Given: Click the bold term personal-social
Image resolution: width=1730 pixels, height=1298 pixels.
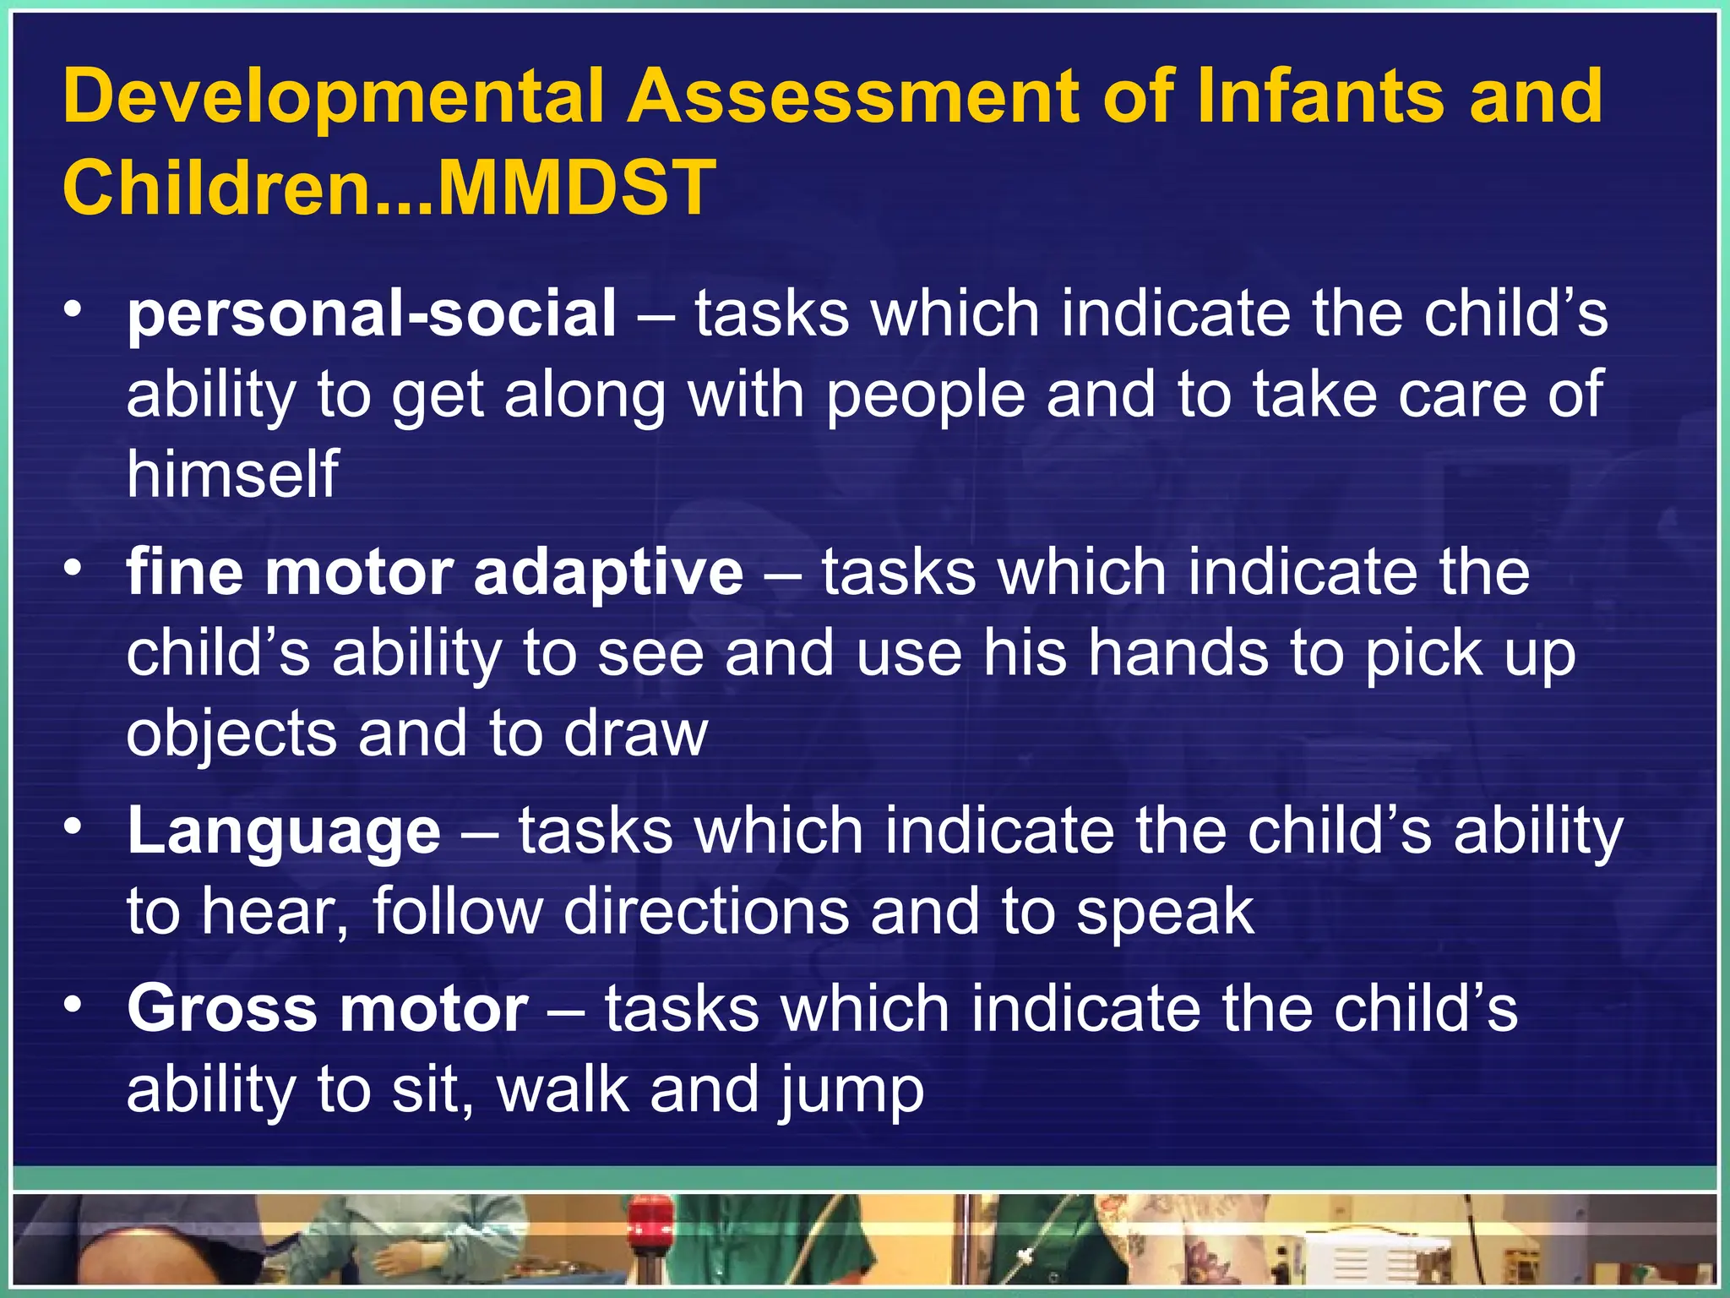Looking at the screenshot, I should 372,314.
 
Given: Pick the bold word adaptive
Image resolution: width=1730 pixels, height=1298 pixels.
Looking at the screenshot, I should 608,572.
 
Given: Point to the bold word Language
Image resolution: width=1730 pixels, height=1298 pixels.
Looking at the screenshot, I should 284,832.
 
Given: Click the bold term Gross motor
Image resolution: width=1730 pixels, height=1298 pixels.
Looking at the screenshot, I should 328,1008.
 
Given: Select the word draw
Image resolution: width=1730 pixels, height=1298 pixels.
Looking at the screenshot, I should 635,733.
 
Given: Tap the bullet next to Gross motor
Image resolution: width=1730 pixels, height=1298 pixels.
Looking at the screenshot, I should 74,1004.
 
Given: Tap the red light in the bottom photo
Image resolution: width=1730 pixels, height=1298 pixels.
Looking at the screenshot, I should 649,1215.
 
